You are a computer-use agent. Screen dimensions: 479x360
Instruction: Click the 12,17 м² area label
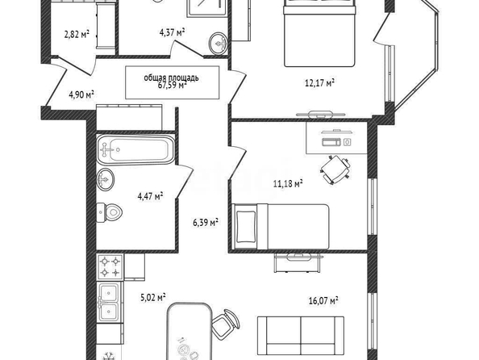[319, 82]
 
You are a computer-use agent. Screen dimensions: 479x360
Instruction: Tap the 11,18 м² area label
[288, 184]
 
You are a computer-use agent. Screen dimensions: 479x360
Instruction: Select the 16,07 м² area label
[323, 300]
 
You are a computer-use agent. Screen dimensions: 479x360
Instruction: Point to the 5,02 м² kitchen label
[153, 297]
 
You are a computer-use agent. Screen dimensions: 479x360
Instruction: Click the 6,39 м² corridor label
[206, 222]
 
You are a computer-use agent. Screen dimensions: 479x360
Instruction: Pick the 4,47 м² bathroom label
[150, 196]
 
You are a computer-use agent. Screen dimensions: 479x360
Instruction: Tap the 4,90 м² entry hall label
[81, 94]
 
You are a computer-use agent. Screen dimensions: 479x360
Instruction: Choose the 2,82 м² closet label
[77, 34]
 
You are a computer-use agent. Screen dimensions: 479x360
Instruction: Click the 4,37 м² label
[173, 32]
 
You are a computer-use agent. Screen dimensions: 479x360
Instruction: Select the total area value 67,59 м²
[173, 86]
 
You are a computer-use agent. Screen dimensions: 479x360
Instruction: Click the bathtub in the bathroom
[135, 150]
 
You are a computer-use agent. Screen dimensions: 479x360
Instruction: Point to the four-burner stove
[110, 266]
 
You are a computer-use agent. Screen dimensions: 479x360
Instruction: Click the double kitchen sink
[109, 302]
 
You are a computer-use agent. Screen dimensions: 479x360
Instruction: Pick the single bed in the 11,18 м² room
[280, 227]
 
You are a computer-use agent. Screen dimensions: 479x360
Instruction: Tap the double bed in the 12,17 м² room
[319, 33]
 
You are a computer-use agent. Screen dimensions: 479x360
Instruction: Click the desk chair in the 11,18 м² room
[335, 170]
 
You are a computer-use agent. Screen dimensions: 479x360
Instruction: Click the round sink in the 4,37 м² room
[219, 43]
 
